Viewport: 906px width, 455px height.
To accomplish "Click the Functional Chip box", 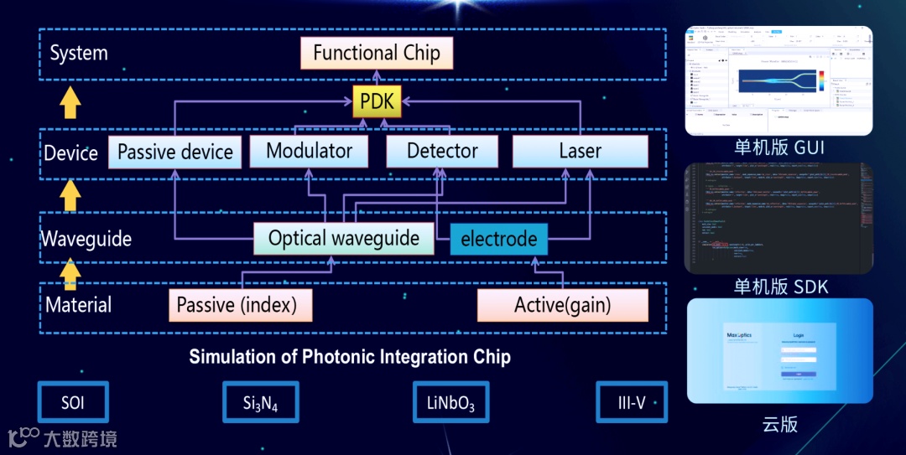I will coord(376,54).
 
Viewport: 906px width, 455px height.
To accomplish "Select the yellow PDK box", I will coord(377,101).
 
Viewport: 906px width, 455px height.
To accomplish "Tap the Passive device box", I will coord(175,153).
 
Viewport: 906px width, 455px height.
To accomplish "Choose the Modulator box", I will coord(309,152).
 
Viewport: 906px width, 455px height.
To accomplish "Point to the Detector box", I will coord(442,152).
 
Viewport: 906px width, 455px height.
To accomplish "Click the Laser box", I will coord(580,152).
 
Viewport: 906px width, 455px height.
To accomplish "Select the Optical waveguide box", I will coord(344,239).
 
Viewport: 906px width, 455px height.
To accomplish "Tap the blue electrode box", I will coord(498,239).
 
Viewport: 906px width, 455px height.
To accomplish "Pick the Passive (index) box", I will coord(241,305).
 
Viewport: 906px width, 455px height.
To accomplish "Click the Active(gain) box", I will coord(562,305).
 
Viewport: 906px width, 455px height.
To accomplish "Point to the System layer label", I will coord(79,54).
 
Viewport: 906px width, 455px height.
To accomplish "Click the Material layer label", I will coord(79,305).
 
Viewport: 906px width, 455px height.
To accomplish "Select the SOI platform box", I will coord(73,403).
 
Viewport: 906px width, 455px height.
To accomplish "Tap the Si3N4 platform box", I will coord(260,403).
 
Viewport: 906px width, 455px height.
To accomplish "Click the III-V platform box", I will coord(631,403).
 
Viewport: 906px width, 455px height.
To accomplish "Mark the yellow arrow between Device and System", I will coord(71,104).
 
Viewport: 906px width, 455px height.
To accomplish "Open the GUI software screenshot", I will coord(778,80).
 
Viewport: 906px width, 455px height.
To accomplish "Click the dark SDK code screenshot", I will coord(778,218).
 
